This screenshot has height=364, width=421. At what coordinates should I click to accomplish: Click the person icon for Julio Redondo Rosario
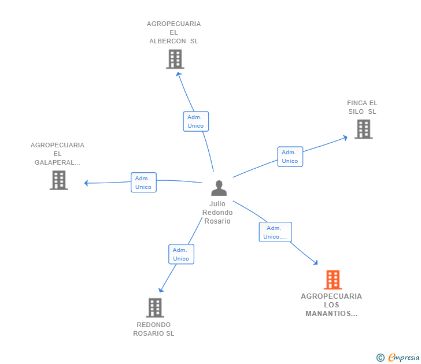tap(219, 188)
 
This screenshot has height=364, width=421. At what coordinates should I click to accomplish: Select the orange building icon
tap(333, 280)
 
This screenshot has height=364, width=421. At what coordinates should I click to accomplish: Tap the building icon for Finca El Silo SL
tap(364, 129)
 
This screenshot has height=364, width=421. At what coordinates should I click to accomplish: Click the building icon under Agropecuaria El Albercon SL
tap(175, 59)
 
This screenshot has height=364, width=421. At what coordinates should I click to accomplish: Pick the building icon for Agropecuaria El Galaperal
tap(59, 180)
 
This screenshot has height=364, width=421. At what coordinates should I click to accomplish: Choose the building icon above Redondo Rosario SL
tap(155, 308)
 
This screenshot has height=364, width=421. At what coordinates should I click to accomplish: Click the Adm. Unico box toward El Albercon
tap(195, 121)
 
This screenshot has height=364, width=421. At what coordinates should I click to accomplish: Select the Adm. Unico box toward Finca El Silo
tap(290, 157)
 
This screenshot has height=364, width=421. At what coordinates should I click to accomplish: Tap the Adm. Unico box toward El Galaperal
tap(143, 183)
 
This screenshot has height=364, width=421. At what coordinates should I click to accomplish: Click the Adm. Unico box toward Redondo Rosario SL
tap(181, 254)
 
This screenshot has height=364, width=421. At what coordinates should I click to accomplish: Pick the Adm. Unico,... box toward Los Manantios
tap(275, 232)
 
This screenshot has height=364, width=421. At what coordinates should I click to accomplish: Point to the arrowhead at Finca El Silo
tap(346, 138)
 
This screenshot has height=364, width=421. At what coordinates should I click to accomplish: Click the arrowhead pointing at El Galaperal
tap(86, 183)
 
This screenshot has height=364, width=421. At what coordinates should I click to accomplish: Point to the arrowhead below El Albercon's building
tap(179, 75)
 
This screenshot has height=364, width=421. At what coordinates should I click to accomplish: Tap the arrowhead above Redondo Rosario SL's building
tap(161, 290)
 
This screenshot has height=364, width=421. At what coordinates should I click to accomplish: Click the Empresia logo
tap(404, 357)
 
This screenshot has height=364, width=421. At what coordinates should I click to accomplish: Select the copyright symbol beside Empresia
tap(380, 358)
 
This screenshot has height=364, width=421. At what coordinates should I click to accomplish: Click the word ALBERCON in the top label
tap(168, 41)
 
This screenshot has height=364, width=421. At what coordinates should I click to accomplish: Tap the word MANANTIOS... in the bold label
tap(331, 314)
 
